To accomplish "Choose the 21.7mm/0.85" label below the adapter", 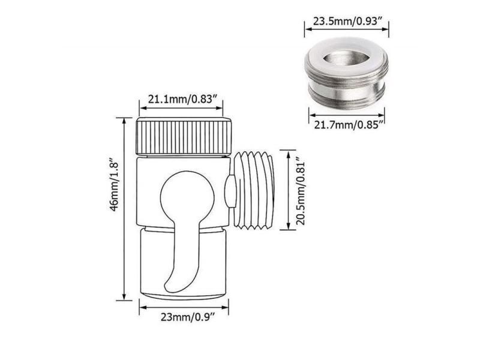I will click(x=347, y=124).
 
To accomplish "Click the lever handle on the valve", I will click(x=180, y=252).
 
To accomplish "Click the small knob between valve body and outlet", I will click(x=230, y=191).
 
